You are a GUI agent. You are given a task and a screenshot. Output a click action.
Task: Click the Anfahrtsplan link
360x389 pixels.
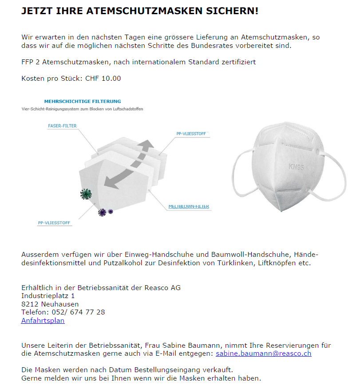pos(43,321)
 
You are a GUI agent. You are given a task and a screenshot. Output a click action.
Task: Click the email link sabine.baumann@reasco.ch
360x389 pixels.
pos(263,354)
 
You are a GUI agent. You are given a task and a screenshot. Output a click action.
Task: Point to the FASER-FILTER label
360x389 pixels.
pos(62,126)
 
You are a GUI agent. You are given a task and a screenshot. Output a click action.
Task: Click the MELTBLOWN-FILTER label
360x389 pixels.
pos(189,206)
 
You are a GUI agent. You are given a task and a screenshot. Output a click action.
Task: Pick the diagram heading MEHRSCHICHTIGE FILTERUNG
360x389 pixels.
pos(83,102)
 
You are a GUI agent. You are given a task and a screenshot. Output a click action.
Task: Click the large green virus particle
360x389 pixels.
pos(85,193)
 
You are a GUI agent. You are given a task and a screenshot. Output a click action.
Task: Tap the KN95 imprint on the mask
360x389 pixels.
pos(296,167)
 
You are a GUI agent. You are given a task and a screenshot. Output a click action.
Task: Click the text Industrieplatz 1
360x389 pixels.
pos(48,296)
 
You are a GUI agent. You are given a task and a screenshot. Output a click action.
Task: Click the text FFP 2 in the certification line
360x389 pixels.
pos(31,62)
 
